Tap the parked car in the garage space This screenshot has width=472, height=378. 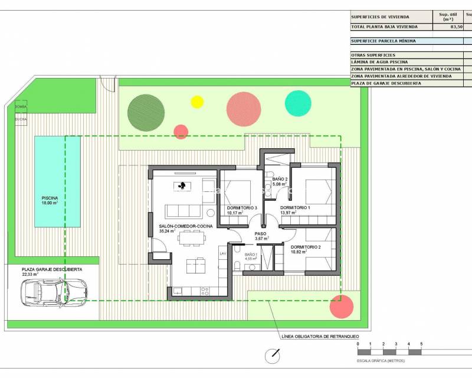(54, 291)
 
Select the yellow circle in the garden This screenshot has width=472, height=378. (197, 102)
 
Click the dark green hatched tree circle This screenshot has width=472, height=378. (146, 113)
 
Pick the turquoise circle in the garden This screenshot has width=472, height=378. (298, 103)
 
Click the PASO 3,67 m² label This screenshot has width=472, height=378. (260, 236)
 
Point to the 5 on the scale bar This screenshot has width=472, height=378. (421, 343)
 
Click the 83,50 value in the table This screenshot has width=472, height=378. (456, 27)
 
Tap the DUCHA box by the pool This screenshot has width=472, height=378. (21, 119)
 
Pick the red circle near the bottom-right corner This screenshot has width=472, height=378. (342, 306)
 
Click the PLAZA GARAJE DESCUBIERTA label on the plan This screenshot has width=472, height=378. (52, 269)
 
